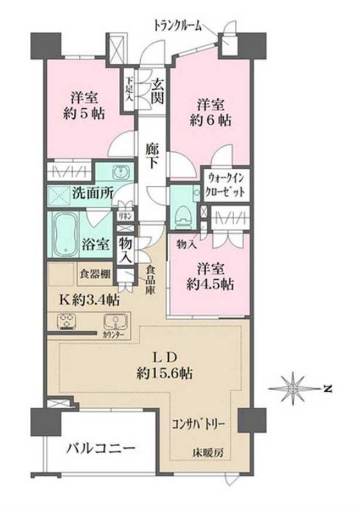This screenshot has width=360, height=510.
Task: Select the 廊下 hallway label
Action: pos(152,155)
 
